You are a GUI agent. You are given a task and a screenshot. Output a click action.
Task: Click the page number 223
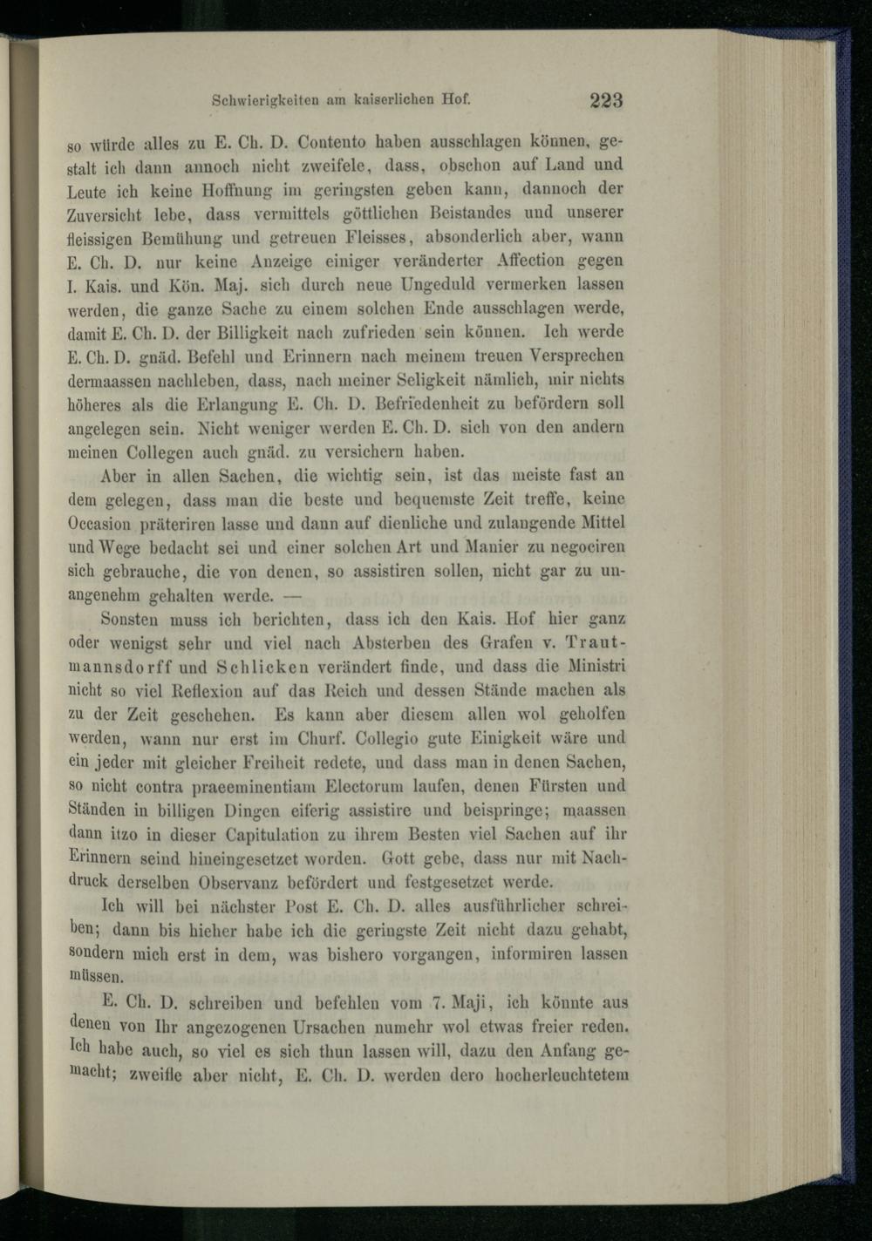click(x=605, y=100)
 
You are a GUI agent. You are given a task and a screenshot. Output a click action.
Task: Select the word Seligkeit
click(x=439, y=380)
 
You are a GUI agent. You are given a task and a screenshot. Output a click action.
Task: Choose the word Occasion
click(x=99, y=525)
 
